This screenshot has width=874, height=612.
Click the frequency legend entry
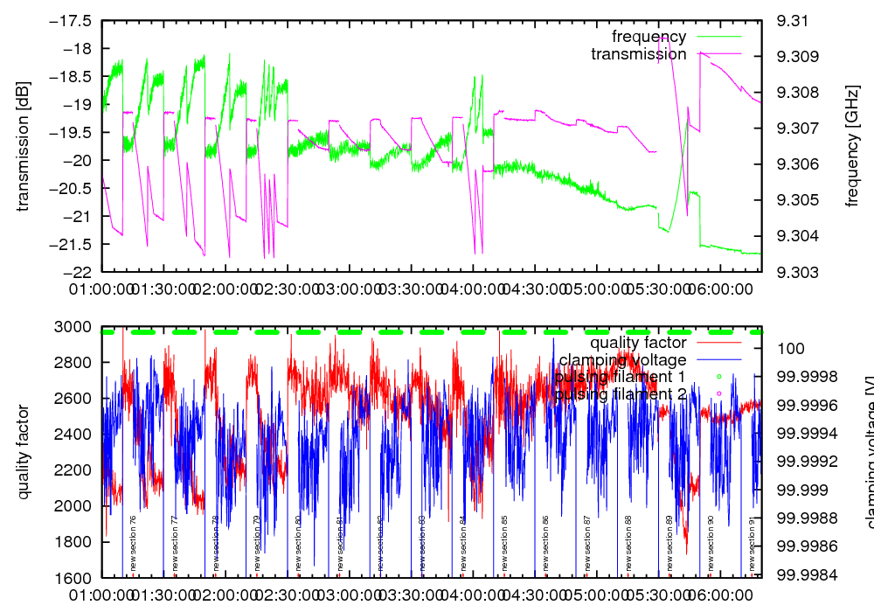click(x=649, y=37)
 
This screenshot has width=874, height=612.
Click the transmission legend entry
click(x=638, y=54)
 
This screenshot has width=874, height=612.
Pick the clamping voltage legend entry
click(x=622, y=359)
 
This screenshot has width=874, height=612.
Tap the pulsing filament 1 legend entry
click(x=621, y=377)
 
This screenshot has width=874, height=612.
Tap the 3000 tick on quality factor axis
click(x=77, y=327)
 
